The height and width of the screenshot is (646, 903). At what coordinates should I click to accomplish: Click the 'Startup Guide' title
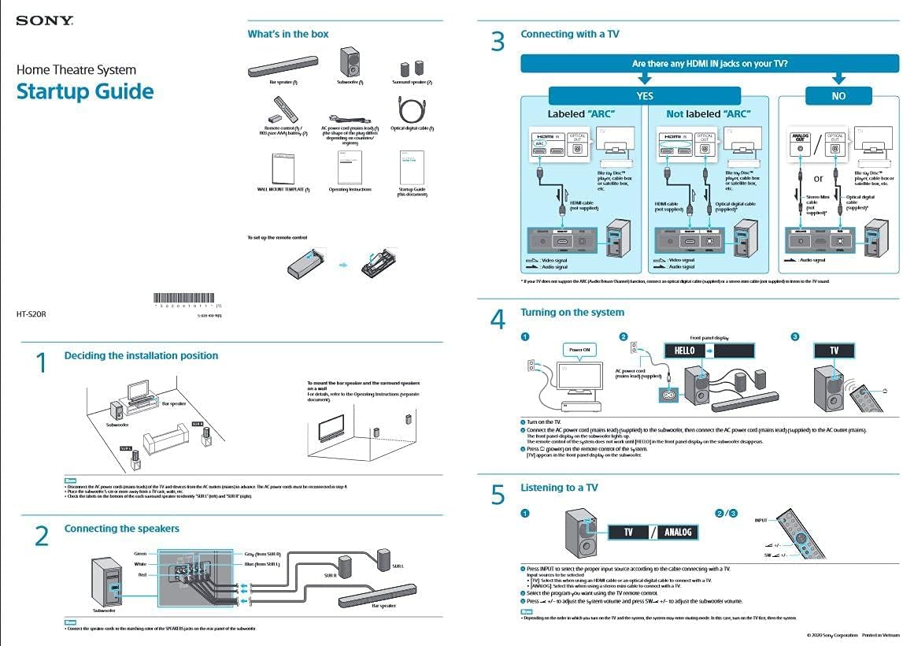pyautogui.click(x=85, y=91)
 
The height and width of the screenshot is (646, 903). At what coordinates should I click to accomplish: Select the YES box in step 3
pyautogui.click(x=644, y=96)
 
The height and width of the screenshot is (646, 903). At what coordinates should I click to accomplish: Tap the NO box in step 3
pyautogui.click(x=838, y=96)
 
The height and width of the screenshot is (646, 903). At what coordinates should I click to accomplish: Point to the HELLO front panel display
pyautogui.click(x=684, y=351)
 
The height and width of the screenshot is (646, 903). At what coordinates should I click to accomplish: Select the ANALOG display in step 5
pyautogui.click(x=677, y=533)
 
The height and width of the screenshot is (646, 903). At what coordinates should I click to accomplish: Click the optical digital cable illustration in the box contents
pyautogui.click(x=411, y=109)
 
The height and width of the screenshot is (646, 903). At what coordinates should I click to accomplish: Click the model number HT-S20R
pyautogui.click(x=31, y=314)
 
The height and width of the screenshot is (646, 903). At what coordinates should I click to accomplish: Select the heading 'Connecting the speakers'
pyautogui.click(x=122, y=529)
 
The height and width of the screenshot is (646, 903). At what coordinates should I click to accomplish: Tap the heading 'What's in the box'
pyautogui.click(x=288, y=34)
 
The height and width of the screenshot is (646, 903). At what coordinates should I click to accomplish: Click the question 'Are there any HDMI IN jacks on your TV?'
pyautogui.click(x=709, y=64)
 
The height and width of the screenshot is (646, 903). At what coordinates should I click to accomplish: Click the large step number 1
pyautogui.click(x=42, y=363)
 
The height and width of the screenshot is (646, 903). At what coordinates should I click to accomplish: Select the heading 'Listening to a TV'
pyautogui.click(x=559, y=488)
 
